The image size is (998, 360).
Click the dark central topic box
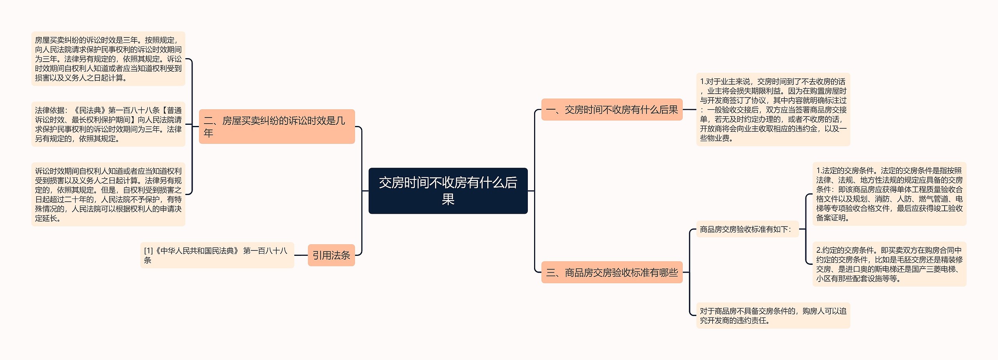[448, 191]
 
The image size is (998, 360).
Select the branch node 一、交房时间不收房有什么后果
[612, 110]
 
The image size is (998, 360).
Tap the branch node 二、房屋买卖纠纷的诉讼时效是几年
[277, 126]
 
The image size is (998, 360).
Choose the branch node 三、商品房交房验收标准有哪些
[612, 272]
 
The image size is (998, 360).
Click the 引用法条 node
[331, 255]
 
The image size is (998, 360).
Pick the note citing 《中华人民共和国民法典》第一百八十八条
[217, 255]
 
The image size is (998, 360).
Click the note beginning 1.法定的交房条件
[889, 194]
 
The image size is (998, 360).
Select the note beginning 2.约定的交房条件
[889, 264]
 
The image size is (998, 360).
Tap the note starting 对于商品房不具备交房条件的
[773, 316]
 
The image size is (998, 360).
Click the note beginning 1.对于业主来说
[773, 110]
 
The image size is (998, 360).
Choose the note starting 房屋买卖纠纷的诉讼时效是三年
[108, 59]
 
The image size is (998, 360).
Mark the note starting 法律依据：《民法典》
[108, 124]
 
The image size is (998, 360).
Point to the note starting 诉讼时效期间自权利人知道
[108, 194]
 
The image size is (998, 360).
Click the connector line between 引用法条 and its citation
[301, 255]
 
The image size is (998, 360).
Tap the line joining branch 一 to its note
[689, 110]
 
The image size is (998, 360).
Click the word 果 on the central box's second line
[448, 200]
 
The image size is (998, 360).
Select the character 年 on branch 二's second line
[209, 133]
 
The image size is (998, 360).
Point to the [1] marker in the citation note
[149, 251]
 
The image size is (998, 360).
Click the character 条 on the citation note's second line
[147, 261]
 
